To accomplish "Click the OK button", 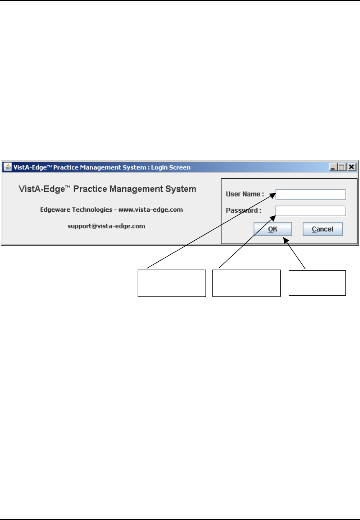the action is click(x=273, y=229).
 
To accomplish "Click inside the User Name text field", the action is click(x=311, y=194).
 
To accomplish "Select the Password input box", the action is click(x=311, y=211).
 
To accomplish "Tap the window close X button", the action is click(x=352, y=167).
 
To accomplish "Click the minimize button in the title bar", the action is click(x=332, y=167).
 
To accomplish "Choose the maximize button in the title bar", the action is click(x=342, y=167).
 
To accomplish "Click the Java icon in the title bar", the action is click(x=8, y=167).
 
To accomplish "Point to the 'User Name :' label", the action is click(x=245, y=194).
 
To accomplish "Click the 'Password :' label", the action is click(x=243, y=211).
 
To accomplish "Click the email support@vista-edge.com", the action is click(x=106, y=226).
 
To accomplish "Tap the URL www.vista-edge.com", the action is click(x=151, y=210).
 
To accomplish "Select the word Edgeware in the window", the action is click(x=55, y=210).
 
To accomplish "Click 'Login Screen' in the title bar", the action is click(x=171, y=168).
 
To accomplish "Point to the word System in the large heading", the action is click(x=181, y=189).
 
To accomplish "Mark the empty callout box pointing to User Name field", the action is click(x=171, y=283).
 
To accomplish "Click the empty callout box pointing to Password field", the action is click(x=246, y=283).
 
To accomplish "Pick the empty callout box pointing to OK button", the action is click(x=317, y=283).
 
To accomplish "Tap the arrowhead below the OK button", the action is click(x=285, y=240).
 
